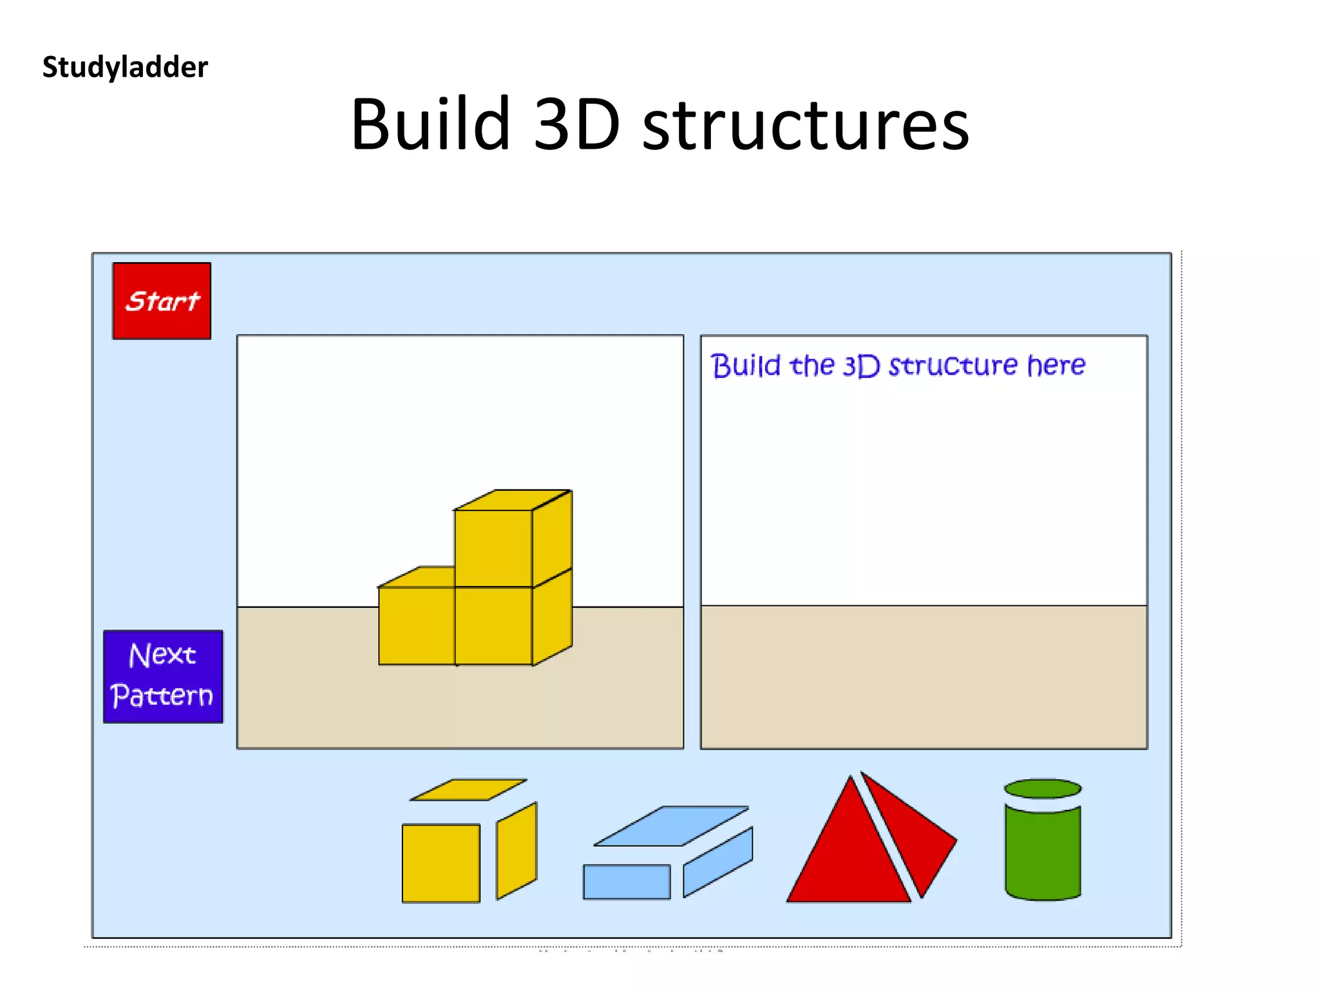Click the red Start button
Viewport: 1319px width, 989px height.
pos(162,301)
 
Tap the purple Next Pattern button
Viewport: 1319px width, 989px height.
pos(163,676)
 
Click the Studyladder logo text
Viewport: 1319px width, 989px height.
pos(125,67)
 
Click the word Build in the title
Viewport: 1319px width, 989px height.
pos(430,124)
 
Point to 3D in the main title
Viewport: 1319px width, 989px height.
pos(577,124)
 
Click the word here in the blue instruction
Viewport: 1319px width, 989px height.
pos(1056,365)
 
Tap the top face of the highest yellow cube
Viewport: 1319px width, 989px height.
pos(513,500)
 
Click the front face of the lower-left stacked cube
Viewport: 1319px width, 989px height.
pos(417,625)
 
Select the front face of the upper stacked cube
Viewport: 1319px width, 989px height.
pos(493,548)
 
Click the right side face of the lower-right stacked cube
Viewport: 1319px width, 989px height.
pos(552,617)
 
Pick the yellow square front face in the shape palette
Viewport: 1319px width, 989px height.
pos(441,863)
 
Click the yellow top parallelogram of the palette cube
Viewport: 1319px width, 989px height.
pos(469,789)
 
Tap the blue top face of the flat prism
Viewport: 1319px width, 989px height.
pos(672,825)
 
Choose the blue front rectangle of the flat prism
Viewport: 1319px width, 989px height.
pos(627,881)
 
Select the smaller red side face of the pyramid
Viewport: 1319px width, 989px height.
pos(915,837)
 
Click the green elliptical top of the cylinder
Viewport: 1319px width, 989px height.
pos(1043,788)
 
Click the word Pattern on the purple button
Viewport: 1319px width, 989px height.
pos(162,696)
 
